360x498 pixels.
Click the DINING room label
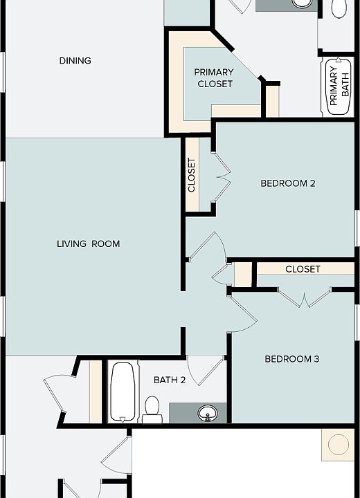(75, 60)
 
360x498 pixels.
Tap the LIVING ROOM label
(89, 243)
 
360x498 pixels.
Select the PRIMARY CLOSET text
(215, 77)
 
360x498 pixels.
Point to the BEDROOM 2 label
(288, 183)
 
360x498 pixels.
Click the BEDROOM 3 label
(292, 359)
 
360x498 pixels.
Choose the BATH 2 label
(170, 380)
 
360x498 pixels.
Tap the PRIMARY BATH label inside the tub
(339, 86)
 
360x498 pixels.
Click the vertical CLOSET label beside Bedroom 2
(192, 175)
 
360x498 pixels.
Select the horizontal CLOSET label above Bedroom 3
(303, 269)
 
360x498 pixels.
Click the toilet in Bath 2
(152, 409)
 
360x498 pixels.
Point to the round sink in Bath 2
(208, 413)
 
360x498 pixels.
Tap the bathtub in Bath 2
(123, 393)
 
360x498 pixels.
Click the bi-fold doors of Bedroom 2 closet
(222, 176)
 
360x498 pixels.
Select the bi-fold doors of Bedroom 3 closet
(305, 297)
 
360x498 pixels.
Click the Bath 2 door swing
(206, 370)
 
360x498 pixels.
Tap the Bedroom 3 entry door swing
(243, 314)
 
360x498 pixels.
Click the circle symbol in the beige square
(339, 445)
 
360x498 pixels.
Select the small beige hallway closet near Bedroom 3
(243, 275)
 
